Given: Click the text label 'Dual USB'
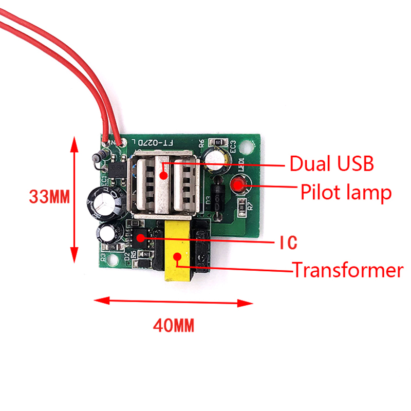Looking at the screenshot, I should tap(331, 164).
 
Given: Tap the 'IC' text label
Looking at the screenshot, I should tap(288, 243).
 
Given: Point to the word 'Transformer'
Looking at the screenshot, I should tap(348, 270).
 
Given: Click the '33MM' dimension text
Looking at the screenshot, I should tap(49, 197).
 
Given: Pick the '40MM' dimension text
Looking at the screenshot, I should tap(173, 325).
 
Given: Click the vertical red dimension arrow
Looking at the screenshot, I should tap(75, 198).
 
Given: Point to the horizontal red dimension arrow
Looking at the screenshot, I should tap(172, 302).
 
